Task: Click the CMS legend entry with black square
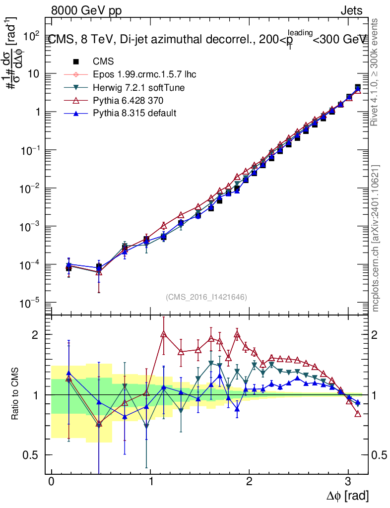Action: pos(103,62)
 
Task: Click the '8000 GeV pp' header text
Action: pos(86,10)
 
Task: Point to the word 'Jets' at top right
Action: pos(351,10)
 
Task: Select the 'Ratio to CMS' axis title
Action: pos(16,394)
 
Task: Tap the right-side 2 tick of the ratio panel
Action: pos(377,335)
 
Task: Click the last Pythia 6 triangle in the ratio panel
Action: pos(358,414)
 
